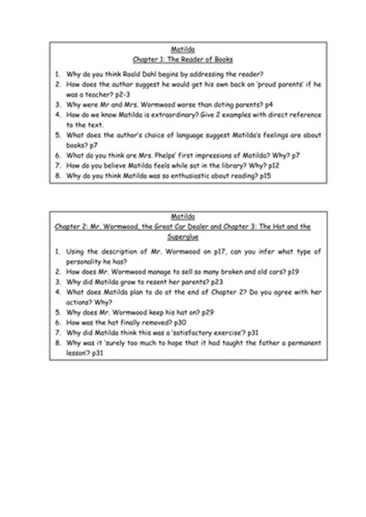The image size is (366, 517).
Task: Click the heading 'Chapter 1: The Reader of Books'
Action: pyautogui.click(x=182, y=59)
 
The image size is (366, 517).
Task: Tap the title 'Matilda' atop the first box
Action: pyautogui.click(x=182, y=49)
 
